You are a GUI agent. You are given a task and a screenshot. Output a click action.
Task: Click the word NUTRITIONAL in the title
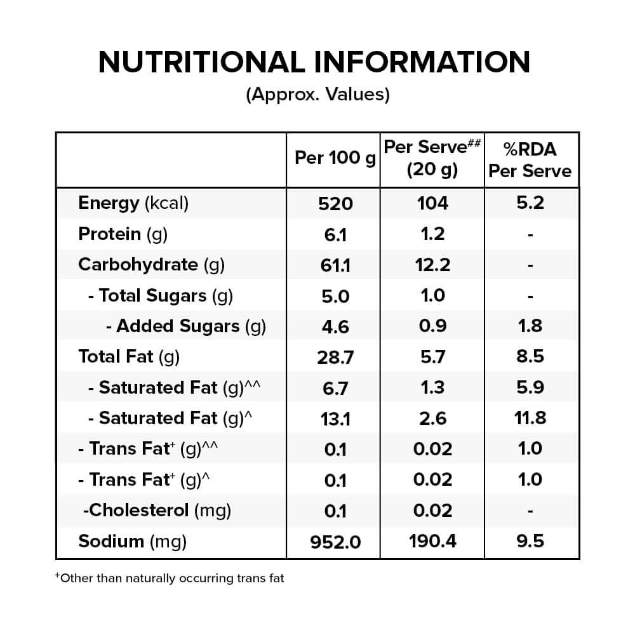(202, 62)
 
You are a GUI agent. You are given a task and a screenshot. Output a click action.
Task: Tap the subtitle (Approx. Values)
(318, 95)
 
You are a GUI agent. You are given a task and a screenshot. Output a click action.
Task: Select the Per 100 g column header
(335, 158)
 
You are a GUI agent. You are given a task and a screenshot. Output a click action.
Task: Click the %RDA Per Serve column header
(530, 160)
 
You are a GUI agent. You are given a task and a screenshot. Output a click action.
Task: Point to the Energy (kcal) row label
(133, 203)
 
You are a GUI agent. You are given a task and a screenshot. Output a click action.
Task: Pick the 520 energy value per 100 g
(335, 204)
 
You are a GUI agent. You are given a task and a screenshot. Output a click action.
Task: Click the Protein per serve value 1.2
(432, 234)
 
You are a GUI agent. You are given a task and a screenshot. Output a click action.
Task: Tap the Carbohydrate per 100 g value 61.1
(335, 265)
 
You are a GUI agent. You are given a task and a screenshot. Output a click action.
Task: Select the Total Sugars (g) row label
(161, 296)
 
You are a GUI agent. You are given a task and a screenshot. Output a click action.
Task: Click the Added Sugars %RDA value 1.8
(530, 326)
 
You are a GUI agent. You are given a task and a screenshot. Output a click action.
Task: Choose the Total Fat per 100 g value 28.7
(335, 358)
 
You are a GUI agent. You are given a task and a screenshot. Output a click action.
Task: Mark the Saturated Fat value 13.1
(335, 419)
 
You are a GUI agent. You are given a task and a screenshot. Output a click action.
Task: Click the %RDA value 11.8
(530, 418)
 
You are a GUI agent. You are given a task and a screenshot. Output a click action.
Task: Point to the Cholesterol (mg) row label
(157, 511)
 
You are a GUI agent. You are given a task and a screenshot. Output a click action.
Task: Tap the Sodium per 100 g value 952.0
(335, 542)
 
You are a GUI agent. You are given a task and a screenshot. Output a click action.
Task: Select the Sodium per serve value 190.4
(432, 542)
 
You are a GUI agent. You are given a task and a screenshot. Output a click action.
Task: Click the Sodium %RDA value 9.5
(530, 542)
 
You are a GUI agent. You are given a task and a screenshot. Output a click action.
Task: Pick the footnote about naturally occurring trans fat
(170, 578)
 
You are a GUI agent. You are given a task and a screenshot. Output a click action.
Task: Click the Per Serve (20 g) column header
(432, 158)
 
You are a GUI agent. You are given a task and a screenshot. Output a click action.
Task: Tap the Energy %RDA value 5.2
(530, 203)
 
